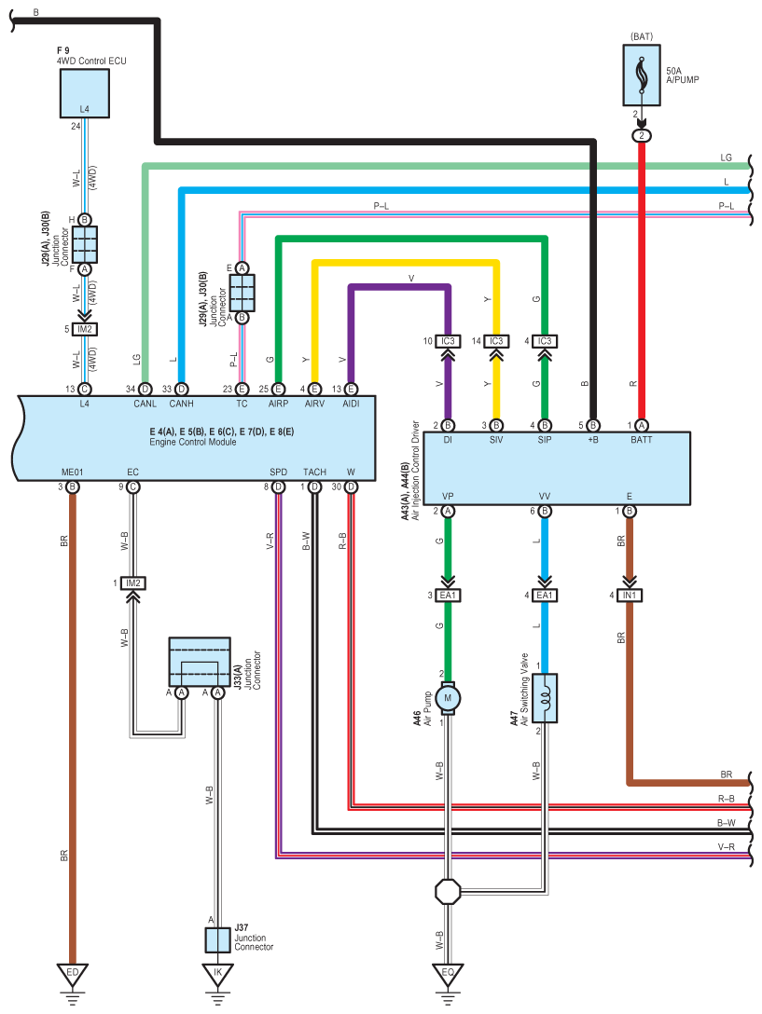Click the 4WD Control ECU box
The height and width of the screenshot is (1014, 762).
(84, 93)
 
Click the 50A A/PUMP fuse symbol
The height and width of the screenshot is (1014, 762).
(642, 75)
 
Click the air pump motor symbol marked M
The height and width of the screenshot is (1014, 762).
(448, 698)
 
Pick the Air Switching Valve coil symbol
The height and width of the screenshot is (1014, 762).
(545, 698)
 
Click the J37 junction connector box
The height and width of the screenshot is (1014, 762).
(217, 939)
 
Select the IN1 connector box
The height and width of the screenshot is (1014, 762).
(630, 595)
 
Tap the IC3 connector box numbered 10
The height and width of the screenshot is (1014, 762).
(448, 341)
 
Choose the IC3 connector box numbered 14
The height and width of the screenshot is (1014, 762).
(496, 341)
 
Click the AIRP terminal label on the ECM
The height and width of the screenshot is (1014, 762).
(278, 404)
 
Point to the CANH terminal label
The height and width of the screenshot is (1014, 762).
(181, 404)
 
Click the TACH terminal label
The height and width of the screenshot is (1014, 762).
(314, 473)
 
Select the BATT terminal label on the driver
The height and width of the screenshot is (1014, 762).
(642, 440)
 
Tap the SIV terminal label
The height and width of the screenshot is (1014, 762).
(496, 440)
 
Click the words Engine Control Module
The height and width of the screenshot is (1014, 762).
(193, 443)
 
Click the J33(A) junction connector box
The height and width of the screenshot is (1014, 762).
(200, 662)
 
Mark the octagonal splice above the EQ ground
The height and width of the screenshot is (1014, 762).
(448, 891)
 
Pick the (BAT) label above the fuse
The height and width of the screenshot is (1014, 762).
(642, 37)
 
